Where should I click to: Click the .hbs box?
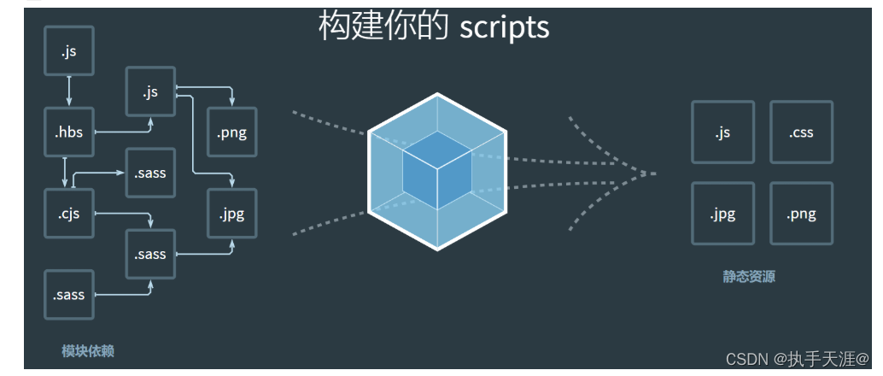point(68,132)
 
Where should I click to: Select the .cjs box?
point(68,214)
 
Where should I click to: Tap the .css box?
point(801,132)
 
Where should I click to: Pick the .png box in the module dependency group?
point(232,132)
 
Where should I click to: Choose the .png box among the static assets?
point(801,214)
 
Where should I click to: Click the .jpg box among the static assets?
point(722,214)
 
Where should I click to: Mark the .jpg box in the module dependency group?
point(232,214)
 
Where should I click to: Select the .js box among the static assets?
point(722,132)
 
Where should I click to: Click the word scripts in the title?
point(504,27)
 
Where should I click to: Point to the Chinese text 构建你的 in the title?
point(383,27)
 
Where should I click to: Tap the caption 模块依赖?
point(88,351)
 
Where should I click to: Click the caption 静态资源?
point(749,277)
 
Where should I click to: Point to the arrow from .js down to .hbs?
point(68,90)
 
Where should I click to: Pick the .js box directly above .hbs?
point(68,51)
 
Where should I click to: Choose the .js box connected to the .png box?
point(150,92)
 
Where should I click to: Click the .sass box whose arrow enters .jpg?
point(150,254)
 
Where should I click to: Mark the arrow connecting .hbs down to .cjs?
point(65,173)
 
